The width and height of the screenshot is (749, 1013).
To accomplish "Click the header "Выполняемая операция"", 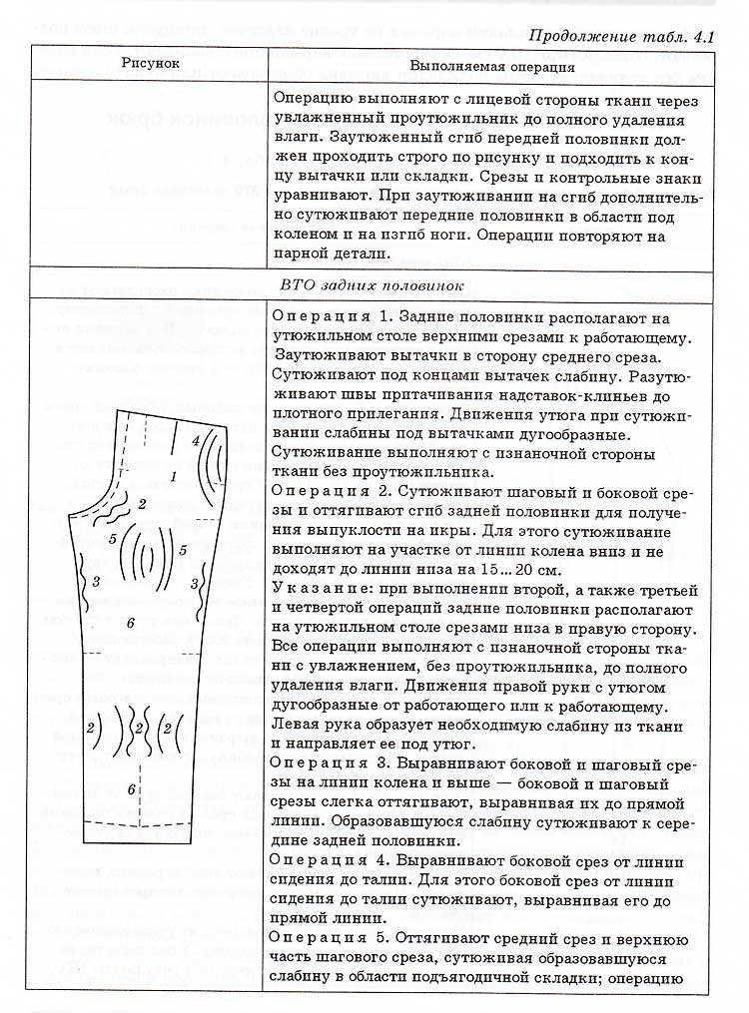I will coord(493,67).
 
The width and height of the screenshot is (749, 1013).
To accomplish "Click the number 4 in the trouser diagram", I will coord(196,438).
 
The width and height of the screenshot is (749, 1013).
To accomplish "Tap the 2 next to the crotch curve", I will coord(143,503).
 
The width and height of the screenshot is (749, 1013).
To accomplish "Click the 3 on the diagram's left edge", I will coord(95,580).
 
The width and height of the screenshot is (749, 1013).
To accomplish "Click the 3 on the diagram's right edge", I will coord(204,577).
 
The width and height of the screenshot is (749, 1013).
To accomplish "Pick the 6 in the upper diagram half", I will coord(130,623).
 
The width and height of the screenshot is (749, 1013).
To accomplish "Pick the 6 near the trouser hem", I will coord(131,789).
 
